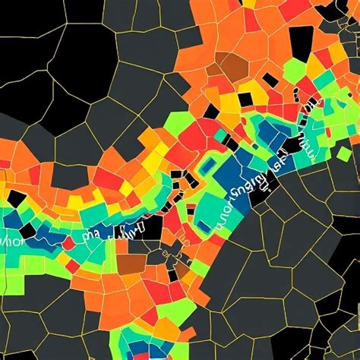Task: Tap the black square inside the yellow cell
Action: pos(245,99)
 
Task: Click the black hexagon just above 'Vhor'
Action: pos(15,200)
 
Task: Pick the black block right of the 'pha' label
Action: pos(150,228)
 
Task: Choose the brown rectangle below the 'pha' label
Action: pos(131,262)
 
